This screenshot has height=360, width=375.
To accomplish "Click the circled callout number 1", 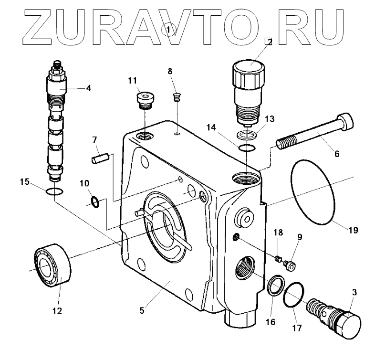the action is (168, 30).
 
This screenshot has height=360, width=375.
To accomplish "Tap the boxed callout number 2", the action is (269, 42).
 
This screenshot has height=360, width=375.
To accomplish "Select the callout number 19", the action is (354, 230).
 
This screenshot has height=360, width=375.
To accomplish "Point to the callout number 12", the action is (57, 311).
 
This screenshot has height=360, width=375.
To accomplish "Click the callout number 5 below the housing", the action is (142, 310).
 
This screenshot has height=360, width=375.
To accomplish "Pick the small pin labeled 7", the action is (101, 159).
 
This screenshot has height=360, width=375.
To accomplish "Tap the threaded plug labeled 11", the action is (146, 100).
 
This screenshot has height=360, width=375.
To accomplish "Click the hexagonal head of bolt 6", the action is (345, 122).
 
